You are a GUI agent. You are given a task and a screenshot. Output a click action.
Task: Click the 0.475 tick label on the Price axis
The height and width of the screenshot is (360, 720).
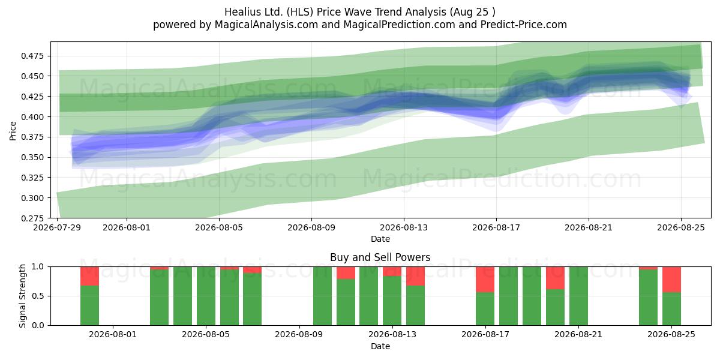(32, 56)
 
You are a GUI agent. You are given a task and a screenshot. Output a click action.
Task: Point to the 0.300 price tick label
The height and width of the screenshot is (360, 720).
(32, 198)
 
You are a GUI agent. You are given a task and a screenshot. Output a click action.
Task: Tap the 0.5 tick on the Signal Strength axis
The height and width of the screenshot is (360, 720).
(38, 296)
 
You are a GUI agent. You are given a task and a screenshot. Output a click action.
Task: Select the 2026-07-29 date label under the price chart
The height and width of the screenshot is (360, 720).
(57, 227)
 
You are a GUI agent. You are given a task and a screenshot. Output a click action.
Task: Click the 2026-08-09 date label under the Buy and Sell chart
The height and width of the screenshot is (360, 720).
(299, 334)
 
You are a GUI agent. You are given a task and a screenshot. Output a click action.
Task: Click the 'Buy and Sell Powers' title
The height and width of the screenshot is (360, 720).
(380, 257)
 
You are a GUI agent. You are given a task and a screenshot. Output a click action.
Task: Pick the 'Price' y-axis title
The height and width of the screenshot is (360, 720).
(13, 131)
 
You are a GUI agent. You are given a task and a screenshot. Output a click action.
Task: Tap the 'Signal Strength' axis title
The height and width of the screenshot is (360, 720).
(22, 296)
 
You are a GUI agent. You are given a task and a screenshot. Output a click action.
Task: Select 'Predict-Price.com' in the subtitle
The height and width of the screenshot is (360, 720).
(524, 25)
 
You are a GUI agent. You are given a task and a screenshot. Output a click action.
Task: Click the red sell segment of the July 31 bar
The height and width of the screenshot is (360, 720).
(89, 276)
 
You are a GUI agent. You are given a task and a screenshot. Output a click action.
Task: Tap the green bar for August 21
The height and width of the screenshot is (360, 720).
(578, 296)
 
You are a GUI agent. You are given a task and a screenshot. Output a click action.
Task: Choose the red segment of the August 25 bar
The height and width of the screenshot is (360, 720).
(671, 280)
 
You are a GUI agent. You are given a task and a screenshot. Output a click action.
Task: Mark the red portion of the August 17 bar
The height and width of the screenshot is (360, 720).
(485, 280)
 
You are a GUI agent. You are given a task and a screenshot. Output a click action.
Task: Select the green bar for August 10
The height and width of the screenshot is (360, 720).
(322, 296)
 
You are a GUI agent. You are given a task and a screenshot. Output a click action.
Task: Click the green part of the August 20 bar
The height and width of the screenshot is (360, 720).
(555, 307)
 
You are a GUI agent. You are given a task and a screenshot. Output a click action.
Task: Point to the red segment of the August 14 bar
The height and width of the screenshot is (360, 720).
(415, 276)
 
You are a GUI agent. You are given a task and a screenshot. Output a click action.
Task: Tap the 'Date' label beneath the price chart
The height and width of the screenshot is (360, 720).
(380, 239)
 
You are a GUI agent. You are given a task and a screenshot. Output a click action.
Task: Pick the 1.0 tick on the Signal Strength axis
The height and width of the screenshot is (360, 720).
(38, 266)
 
